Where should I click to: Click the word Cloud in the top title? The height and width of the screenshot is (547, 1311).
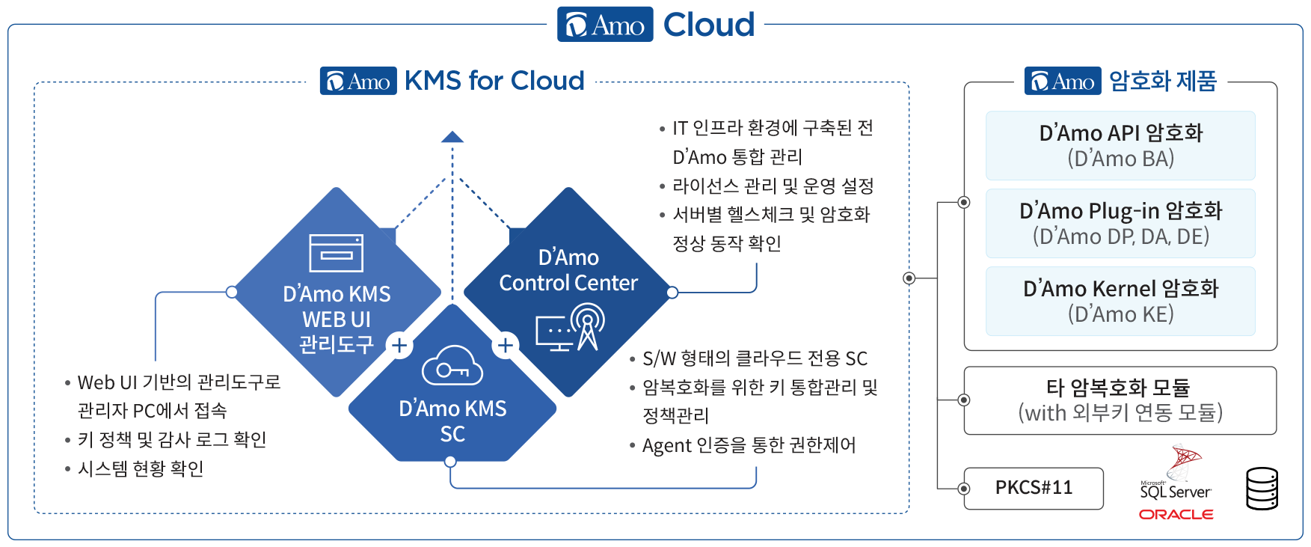coord(708,25)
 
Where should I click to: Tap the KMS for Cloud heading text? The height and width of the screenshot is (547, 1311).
coord(494,81)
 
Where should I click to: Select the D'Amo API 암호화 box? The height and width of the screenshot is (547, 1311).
coord(1120,146)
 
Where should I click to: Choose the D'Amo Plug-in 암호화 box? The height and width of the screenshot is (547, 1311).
coord(1120,224)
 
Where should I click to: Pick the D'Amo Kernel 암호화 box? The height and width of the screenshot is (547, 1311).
coord(1120,302)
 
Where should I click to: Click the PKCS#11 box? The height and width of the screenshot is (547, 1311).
coord(1034,488)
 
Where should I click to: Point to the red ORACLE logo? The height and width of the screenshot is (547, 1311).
coord(1176,514)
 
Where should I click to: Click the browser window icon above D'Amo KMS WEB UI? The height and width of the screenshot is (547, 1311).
coord(337,253)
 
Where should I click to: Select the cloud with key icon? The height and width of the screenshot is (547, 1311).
coord(452,366)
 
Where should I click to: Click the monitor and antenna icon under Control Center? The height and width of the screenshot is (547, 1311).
coord(571,327)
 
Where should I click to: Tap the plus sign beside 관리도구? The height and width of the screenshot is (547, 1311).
coord(399,345)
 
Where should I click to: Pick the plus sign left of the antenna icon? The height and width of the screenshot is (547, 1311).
coord(506,345)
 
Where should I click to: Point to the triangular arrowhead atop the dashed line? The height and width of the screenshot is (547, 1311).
coord(452,137)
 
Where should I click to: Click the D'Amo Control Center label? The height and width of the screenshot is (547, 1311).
coord(568,270)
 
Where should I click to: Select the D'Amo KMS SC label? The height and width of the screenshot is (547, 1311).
coord(452,421)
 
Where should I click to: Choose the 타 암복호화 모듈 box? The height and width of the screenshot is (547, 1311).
coord(1120,400)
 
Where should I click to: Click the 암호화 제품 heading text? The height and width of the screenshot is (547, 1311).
coord(1162,81)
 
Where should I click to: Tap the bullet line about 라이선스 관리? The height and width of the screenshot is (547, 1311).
coord(773,186)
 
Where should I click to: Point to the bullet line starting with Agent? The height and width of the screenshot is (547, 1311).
coord(748,446)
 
